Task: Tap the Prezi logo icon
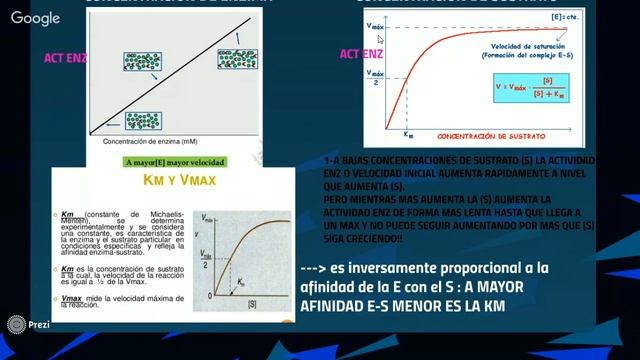pos(14,325)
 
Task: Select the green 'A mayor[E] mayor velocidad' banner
pos(175,161)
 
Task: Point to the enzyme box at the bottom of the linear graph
pos(143,121)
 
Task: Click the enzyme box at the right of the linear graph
pos(238,61)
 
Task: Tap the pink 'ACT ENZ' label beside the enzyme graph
pos(66,59)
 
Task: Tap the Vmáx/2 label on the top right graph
pos(375,77)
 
